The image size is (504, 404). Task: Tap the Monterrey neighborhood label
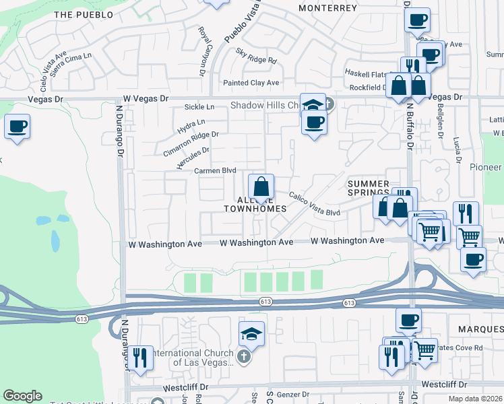pyautogui.click(x=327, y=8)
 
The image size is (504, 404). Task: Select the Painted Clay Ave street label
pyautogui.click(x=251, y=83)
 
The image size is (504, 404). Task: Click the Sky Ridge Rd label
pyautogui.click(x=256, y=56)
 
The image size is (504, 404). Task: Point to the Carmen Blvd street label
pyautogui.click(x=215, y=171)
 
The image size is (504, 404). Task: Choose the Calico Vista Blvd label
pyautogui.click(x=314, y=204)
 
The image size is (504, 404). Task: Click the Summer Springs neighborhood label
pyautogui.click(x=369, y=188)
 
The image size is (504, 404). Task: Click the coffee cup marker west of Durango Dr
pyautogui.click(x=17, y=126)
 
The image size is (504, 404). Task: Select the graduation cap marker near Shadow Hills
pyautogui.click(x=313, y=105)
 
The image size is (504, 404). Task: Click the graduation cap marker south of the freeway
pyautogui.click(x=251, y=333)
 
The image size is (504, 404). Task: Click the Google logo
pyautogui.click(x=23, y=396)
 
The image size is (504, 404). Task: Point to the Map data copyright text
pyautogui.click(x=475, y=399)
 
